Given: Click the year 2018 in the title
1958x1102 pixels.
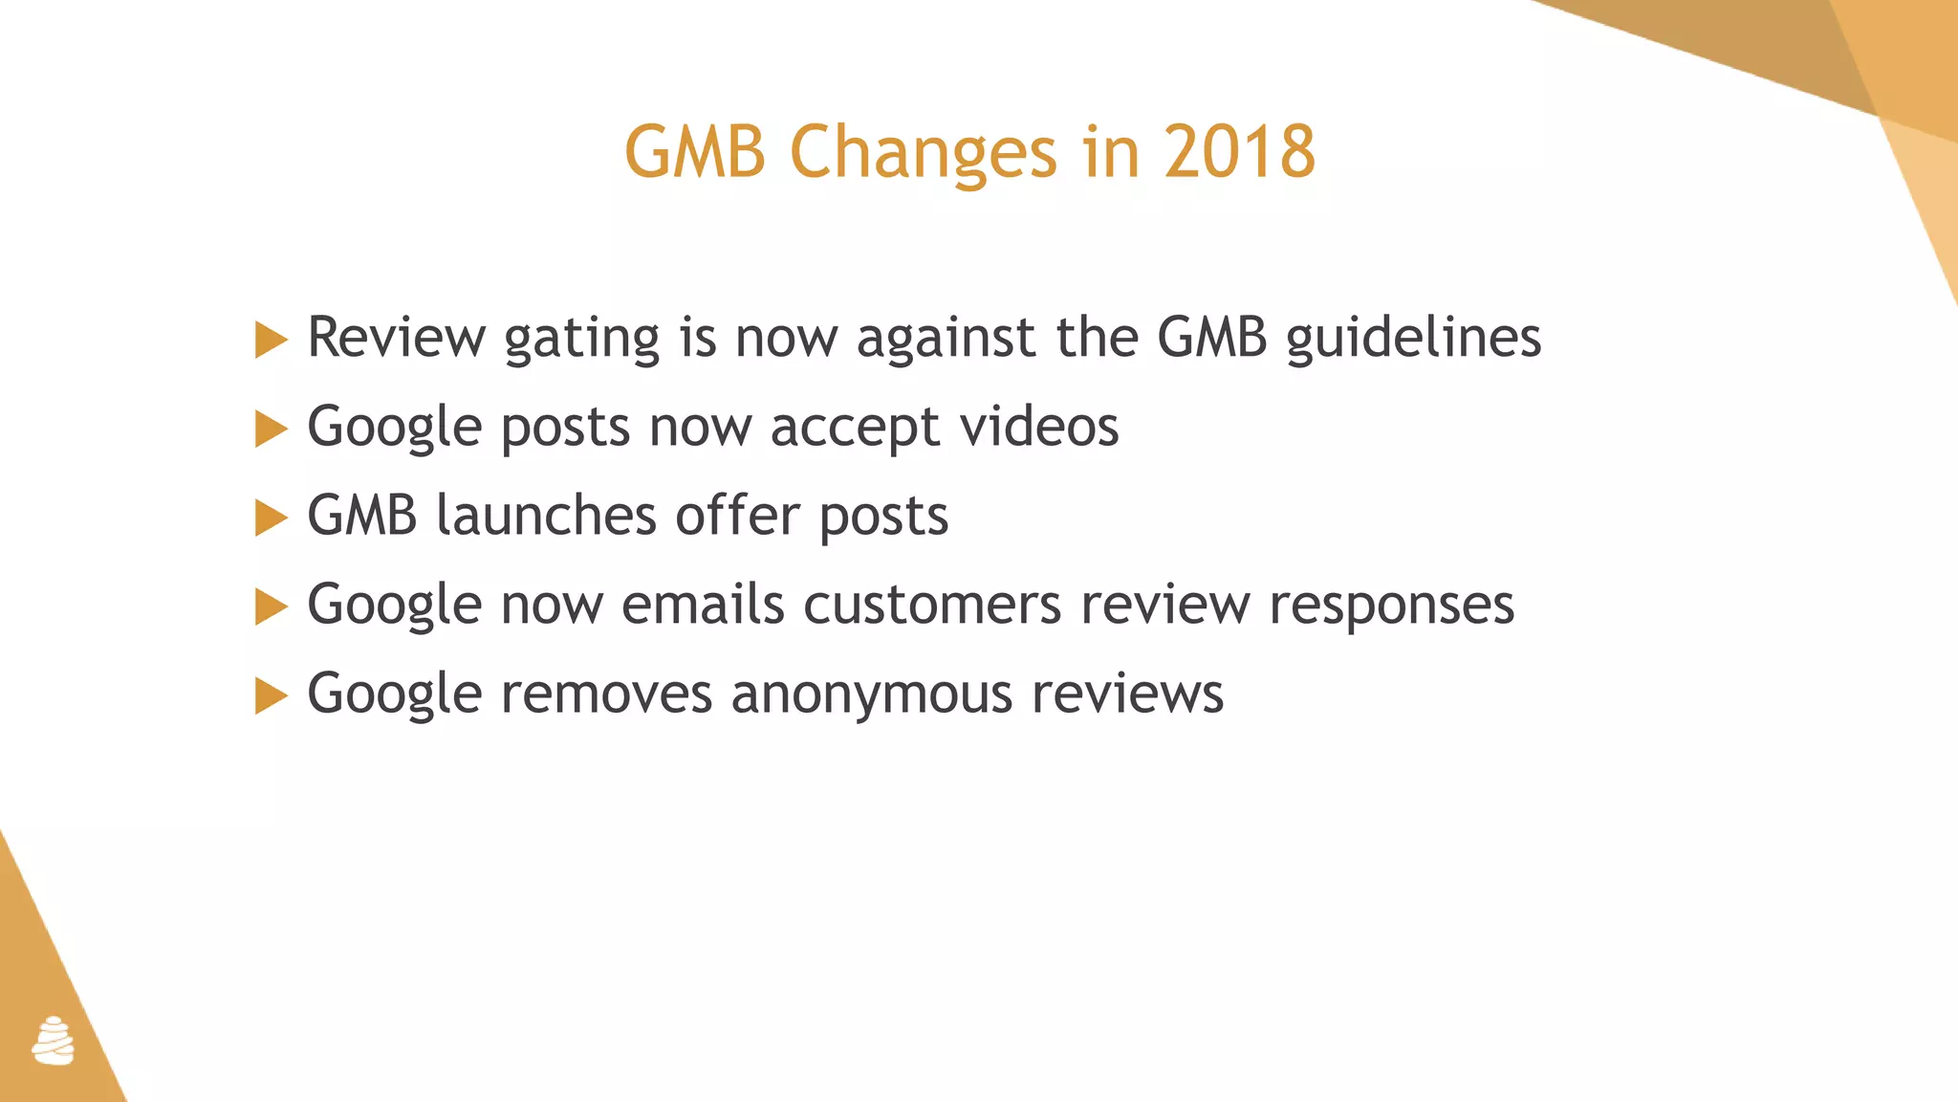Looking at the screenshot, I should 1239,151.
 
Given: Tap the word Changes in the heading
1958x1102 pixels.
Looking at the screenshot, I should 923,153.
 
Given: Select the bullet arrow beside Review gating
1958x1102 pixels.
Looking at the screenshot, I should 271,340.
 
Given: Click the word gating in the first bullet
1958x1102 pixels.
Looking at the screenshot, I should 581,339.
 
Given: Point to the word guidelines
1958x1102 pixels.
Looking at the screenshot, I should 1413,337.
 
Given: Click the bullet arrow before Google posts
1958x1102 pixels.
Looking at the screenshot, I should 271,429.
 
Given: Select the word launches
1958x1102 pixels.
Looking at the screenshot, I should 546,515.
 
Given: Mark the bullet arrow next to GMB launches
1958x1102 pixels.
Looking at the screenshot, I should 271,518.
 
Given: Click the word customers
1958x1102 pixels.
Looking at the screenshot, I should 932,604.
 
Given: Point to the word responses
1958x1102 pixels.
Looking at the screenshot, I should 1391,606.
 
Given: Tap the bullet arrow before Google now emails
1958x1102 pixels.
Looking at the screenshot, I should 271,606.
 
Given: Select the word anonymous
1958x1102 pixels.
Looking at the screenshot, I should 871,694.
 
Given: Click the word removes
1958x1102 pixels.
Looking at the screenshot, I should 606,693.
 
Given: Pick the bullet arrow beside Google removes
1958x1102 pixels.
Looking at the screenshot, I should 271,695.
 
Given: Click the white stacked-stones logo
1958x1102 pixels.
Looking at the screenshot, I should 54,1041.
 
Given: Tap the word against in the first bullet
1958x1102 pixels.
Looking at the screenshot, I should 946,337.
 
